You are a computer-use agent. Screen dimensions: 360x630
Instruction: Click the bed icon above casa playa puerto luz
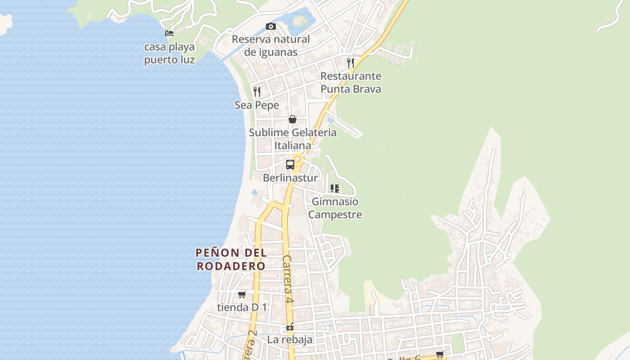(x=169, y=33)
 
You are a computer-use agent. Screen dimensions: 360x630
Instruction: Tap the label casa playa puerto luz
(x=169, y=53)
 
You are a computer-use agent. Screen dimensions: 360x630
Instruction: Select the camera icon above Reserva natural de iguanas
(x=270, y=26)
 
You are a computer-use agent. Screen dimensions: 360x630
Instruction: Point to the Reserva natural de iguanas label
(x=270, y=45)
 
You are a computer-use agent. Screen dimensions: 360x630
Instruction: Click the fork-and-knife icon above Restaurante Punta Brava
(x=351, y=63)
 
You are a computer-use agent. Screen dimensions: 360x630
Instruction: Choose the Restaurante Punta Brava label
(x=351, y=82)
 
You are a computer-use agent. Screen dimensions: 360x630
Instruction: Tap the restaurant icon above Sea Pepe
(x=257, y=92)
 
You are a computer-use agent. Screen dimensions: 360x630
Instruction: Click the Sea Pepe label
(x=257, y=105)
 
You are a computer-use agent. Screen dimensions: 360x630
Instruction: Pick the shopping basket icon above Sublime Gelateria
(x=292, y=119)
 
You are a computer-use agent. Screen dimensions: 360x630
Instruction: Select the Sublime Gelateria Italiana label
(x=292, y=139)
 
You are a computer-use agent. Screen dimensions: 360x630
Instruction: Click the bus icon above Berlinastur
(x=290, y=165)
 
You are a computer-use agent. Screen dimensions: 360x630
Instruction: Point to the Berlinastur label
(x=290, y=178)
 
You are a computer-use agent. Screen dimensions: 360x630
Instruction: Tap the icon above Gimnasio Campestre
(x=335, y=189)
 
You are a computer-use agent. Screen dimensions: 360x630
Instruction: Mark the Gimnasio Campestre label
(x=335, y=208)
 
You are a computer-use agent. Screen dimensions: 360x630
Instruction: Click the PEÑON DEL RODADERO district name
(x=231, y=259)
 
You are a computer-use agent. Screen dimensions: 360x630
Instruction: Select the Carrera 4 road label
(x=288, y=279)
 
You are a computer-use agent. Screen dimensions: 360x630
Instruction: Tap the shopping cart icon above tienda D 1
(x=242, y=295)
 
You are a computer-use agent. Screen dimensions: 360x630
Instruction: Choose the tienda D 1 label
(x=242, y=308)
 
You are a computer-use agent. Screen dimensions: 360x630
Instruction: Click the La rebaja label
(x=290, y=340)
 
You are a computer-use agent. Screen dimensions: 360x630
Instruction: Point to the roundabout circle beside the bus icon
(x=297, y=159)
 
